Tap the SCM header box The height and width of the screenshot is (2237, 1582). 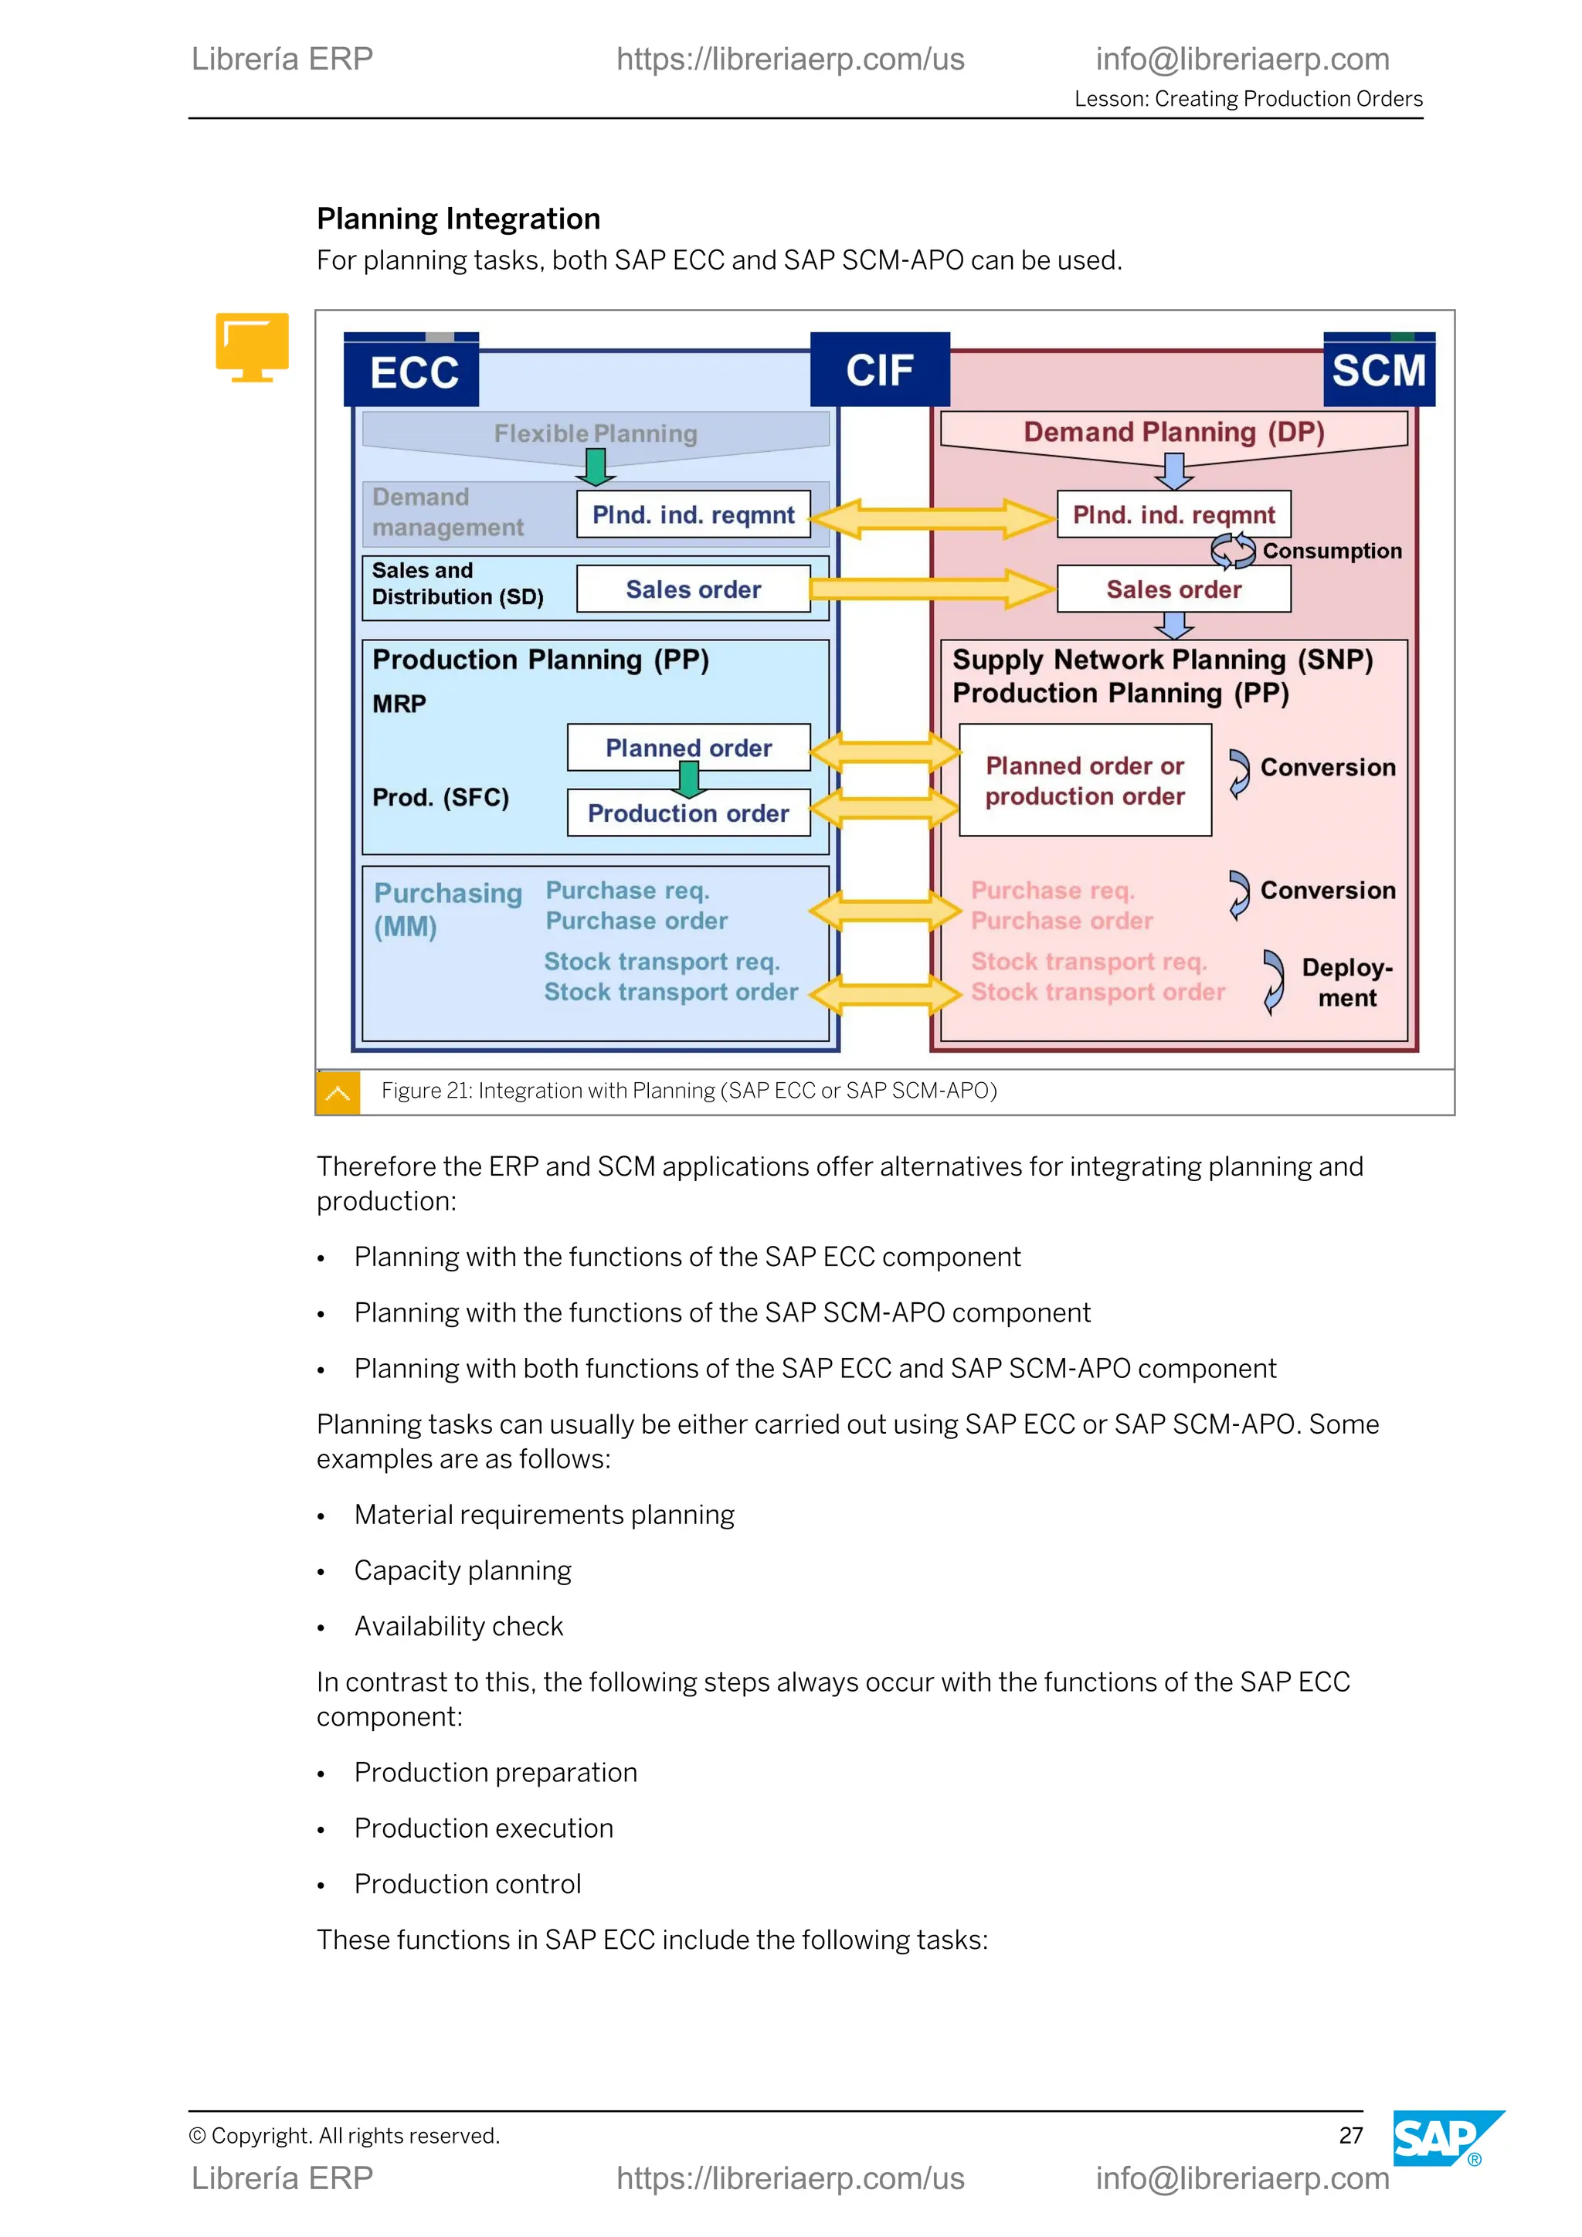(x=1377, y=370)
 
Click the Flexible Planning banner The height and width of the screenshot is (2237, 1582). (x=596, y=433)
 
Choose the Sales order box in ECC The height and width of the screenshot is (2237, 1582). (x=693, y=589)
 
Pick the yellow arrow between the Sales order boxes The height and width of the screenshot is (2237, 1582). (x=932, y=589)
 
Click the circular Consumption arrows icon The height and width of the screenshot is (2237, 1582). (x=1232, y=551)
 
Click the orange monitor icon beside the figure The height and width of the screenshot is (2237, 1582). (x=253, y=347)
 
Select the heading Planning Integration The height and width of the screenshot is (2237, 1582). (x=458, y=219)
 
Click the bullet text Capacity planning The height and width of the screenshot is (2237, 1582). (x=462, y=1570)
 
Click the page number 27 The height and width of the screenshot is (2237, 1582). (x=1349, y=2135)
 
